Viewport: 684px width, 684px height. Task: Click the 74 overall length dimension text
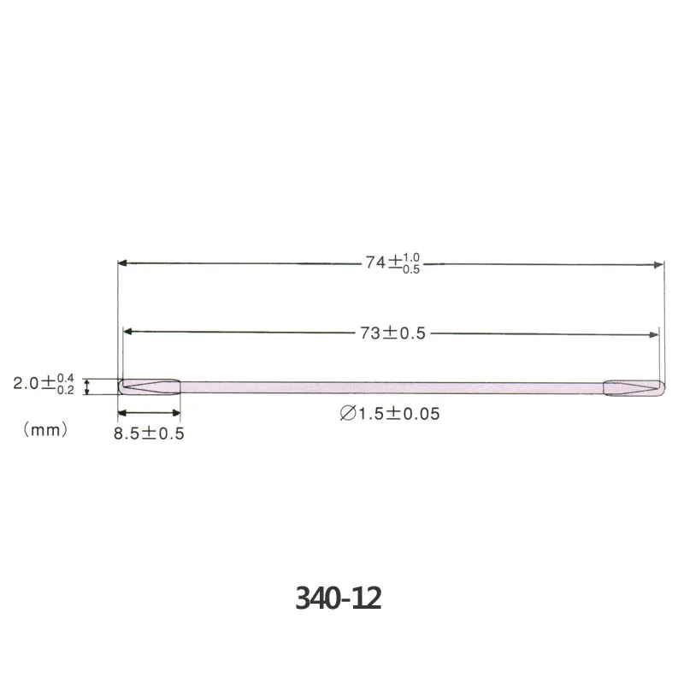(x=392, y=263)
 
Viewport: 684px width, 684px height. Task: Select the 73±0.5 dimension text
(x=392, y=333)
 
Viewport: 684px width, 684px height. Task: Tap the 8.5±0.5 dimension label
(x=149, y=433)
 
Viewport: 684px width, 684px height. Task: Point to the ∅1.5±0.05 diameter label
(x=390, y=413)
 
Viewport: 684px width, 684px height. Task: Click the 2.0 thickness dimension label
(x=44, y=384)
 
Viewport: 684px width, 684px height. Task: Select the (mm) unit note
(x=45, y=430)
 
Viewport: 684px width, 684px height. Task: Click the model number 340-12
(x=339, y=598)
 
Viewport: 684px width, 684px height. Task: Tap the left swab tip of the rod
(x=149, y=387)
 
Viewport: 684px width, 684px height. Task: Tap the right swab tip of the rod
(x=634, y=388)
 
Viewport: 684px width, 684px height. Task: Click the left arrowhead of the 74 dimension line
(x=122, y=263)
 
